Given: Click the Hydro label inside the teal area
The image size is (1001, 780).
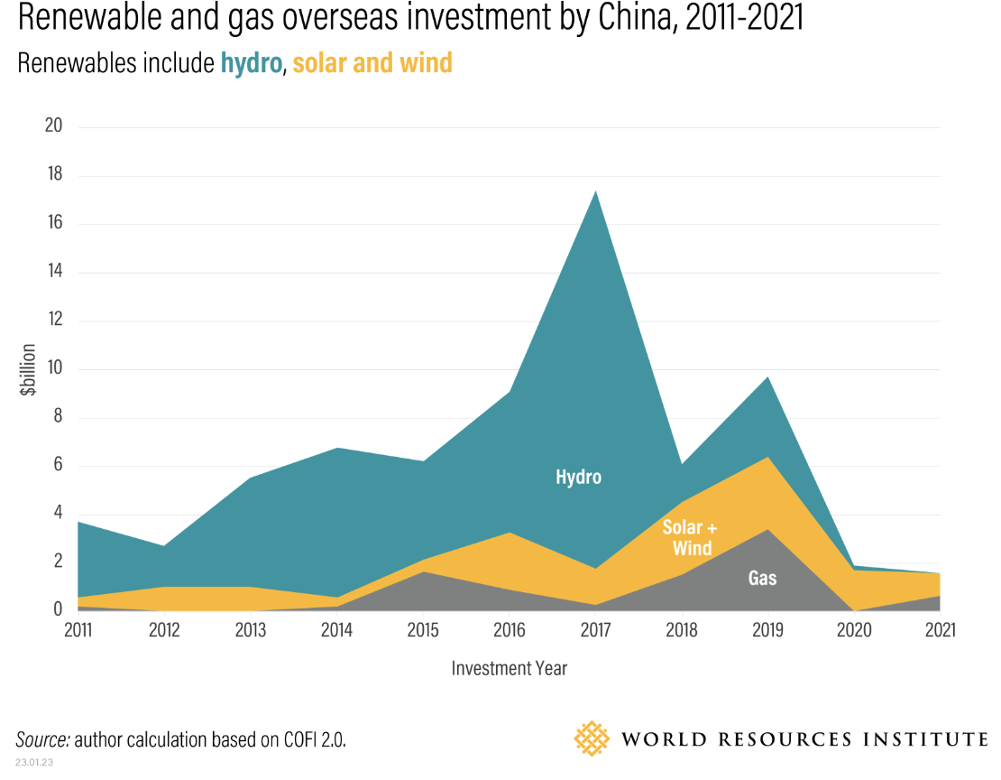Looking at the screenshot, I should tap(578, 478).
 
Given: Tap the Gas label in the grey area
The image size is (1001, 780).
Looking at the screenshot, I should tap(762, 578).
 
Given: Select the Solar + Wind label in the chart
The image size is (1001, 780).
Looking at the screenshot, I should tap(690, 538).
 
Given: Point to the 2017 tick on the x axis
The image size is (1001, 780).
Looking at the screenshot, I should tap(595, 629).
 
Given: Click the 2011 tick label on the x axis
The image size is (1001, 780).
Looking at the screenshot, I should tap(78, 629).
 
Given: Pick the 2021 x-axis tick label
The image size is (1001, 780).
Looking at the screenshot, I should tap(939, 629).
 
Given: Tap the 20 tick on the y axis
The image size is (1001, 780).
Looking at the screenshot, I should tap(53, 125).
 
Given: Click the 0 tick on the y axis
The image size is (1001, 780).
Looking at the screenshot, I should tap(58, 609).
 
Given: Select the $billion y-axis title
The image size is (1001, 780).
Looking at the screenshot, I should tap(28, 369).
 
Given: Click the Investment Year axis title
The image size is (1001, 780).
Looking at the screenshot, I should tap(510, 669).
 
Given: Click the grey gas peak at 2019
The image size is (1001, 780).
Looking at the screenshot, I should tap(767, 531).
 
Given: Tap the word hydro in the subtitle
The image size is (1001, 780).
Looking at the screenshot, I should tap(252, 63).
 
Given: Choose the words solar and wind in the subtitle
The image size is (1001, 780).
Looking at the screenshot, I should tap(372, 63).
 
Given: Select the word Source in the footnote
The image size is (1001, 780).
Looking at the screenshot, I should tap(42, 739).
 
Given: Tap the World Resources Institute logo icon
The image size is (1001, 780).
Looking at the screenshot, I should tap(592, 738).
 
